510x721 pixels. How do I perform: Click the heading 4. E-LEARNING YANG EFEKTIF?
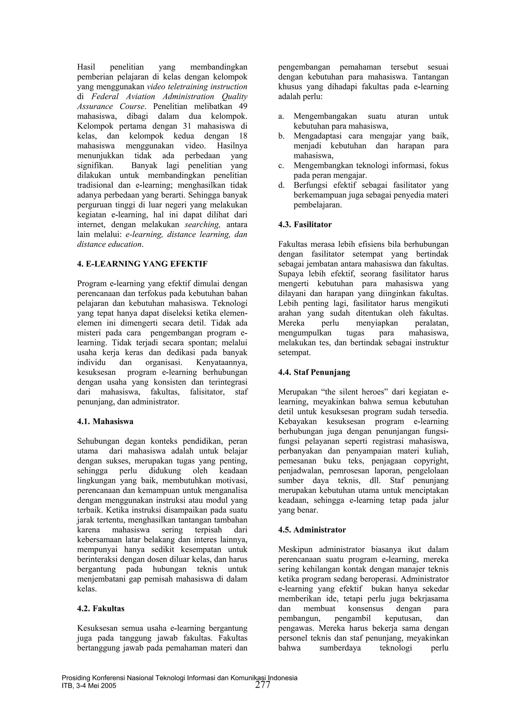142,264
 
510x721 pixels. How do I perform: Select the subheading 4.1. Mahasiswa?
105,421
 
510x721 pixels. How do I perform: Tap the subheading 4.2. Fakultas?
101,609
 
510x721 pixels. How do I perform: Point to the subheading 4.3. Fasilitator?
305,224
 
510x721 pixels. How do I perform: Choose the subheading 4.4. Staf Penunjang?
314,372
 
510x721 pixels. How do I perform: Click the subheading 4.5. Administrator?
312,530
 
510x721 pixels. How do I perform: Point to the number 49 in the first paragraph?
243,106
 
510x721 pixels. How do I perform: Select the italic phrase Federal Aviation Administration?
153,96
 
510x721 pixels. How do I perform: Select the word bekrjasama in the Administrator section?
429,599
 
